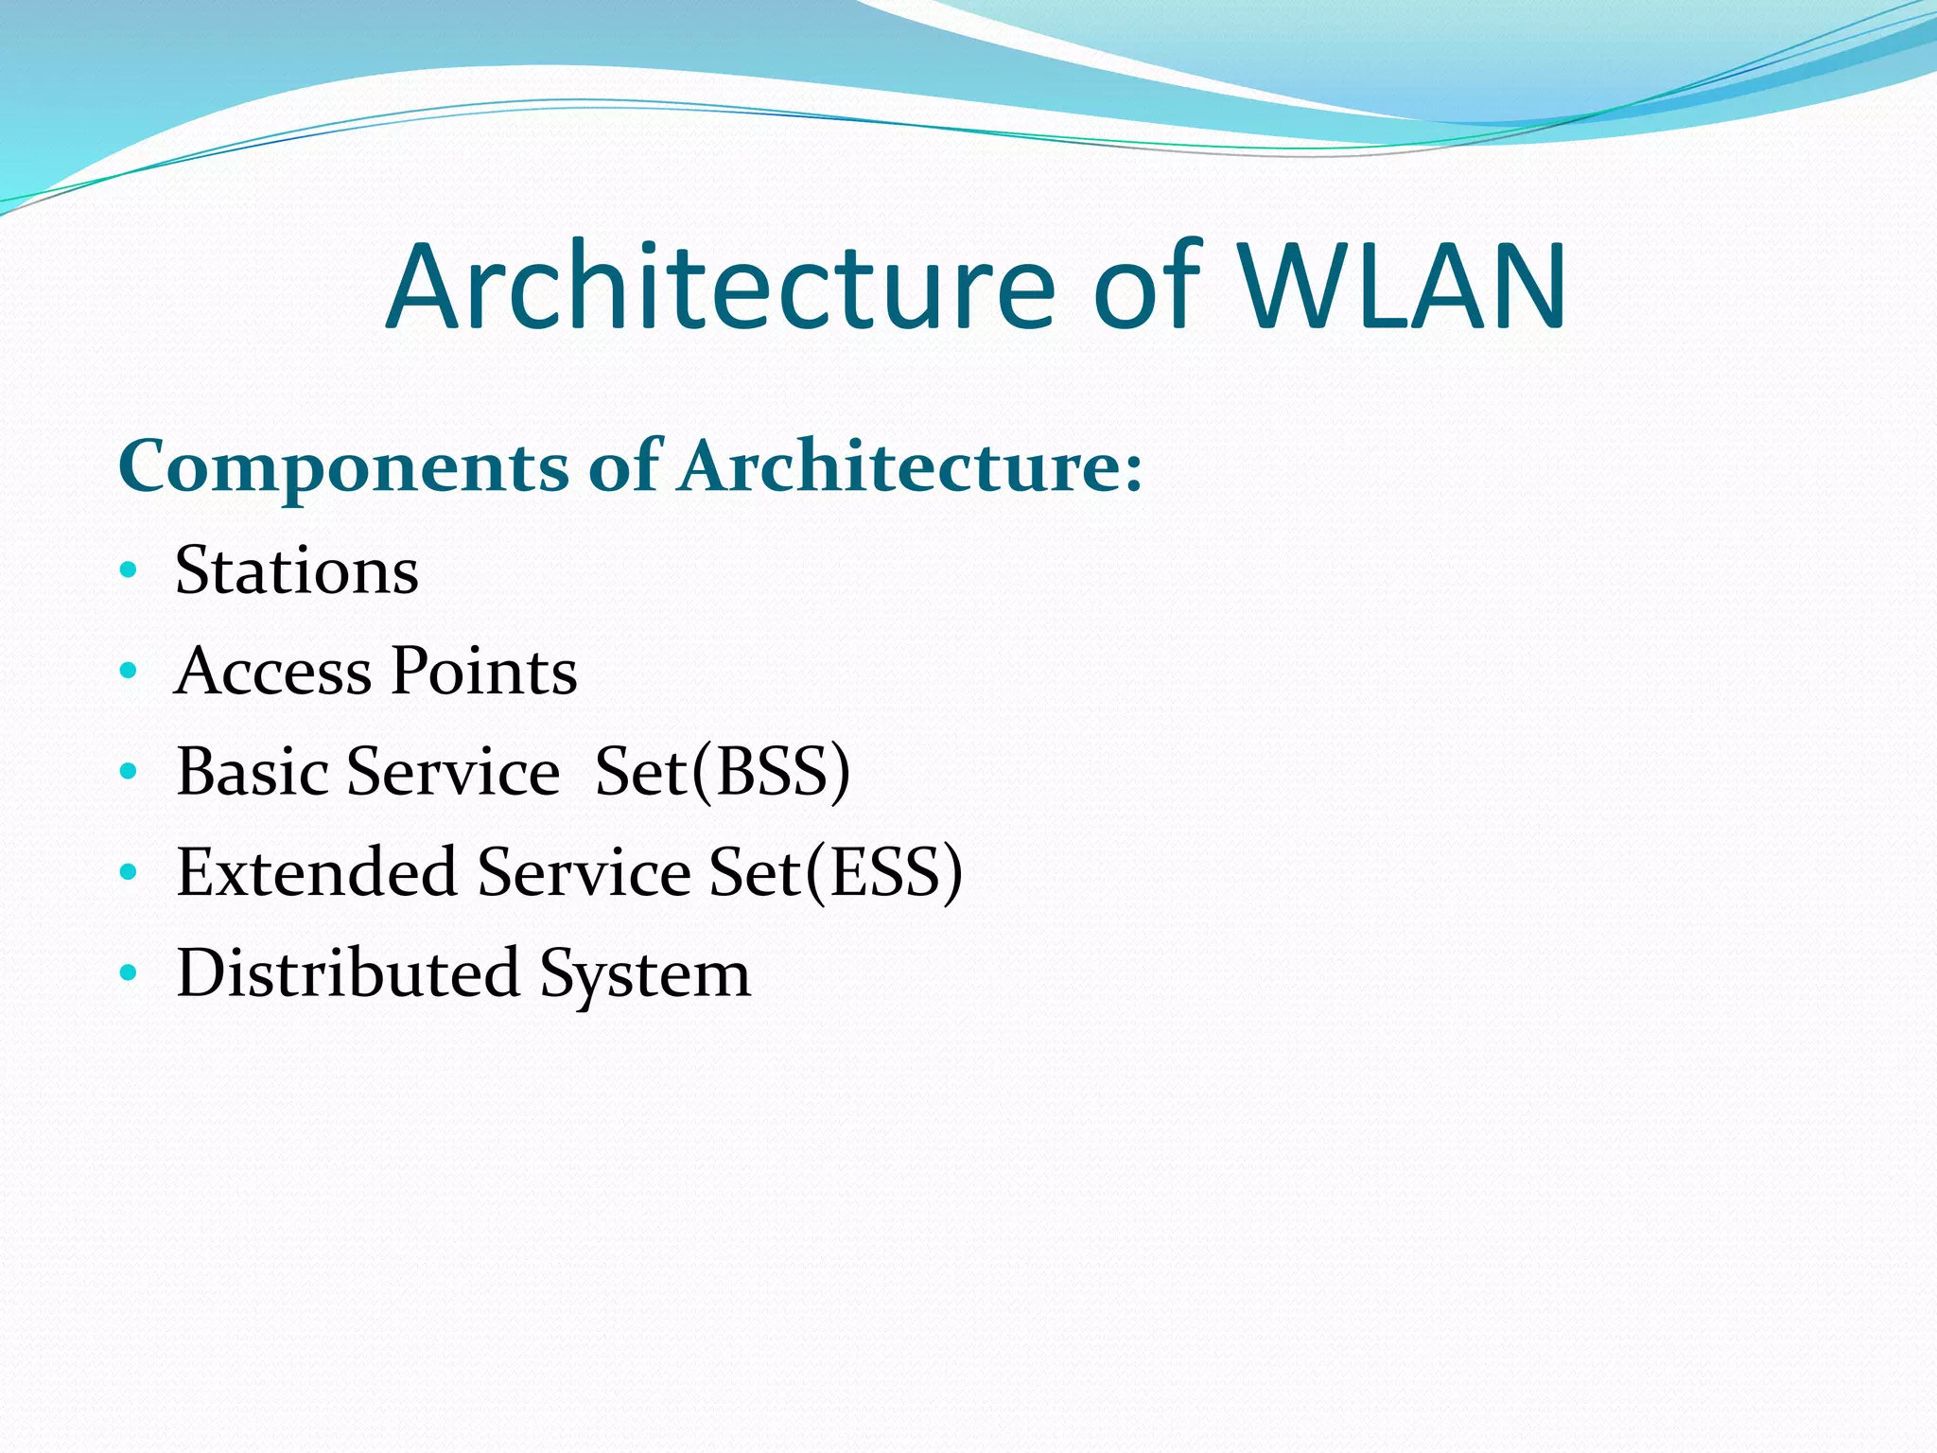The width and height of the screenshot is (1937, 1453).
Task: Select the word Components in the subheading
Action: coord(343,467)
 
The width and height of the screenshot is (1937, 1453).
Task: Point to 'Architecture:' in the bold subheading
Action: coord(911,465)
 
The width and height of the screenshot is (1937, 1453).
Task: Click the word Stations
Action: coord(297,570)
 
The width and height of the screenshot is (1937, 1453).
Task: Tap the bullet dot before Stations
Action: coord(129,570)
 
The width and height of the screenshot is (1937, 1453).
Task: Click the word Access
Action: coord(273,672)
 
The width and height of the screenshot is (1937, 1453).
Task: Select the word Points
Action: coord(484,672)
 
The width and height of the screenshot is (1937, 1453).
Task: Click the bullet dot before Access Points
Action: coord(129,672)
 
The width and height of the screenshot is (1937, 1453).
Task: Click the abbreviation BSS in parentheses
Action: coord(771,772)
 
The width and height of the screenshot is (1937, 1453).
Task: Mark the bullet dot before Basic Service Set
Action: coord(129,772)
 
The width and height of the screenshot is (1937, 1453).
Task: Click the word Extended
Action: coord(317,872)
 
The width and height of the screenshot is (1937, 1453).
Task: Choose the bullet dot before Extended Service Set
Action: coord(129,872)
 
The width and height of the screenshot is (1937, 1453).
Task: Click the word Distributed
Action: coord(348,972)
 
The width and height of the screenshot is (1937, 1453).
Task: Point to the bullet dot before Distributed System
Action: coord(129,972)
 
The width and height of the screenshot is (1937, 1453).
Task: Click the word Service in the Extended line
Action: coord(584,872)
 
